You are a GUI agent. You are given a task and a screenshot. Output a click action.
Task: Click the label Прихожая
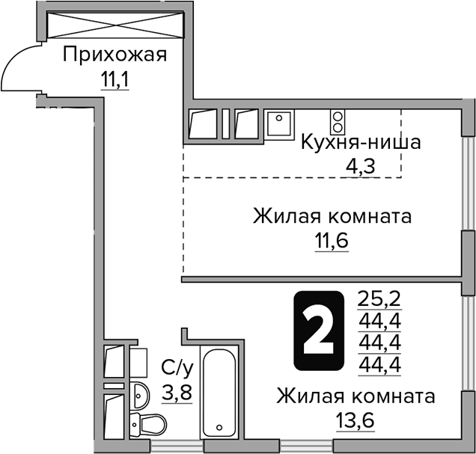(114, 55)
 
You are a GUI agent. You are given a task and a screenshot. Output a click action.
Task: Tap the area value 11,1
(114, 78)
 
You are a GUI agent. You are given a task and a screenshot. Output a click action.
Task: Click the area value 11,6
(332, 241)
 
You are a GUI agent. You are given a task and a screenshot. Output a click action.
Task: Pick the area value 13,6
(354, 419)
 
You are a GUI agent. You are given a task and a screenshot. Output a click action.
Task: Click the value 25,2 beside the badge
(380, 300)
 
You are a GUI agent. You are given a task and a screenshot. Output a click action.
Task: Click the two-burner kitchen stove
(338, 121)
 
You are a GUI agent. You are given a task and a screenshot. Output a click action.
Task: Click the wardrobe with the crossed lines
(115, 24)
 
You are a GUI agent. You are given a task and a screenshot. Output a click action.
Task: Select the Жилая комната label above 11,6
(332, 218)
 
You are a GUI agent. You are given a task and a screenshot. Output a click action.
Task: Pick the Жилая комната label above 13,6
(355, 395)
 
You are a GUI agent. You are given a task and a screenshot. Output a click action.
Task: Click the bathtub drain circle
(220, 429)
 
